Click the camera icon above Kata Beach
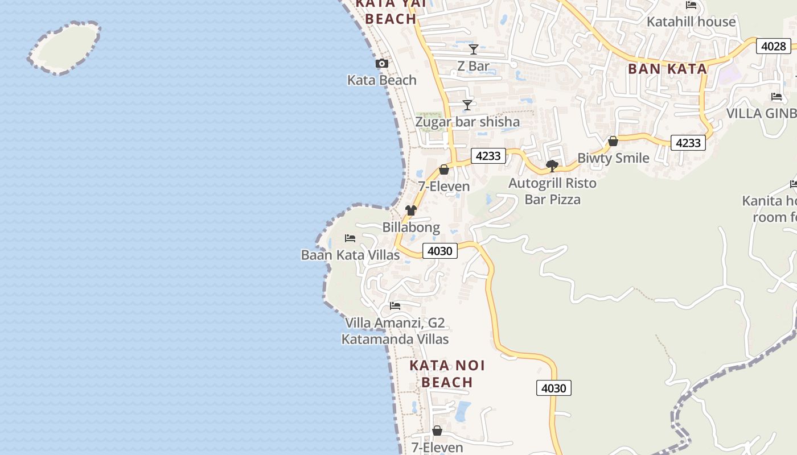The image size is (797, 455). click(x=382, y=64)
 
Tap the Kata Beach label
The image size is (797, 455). click(x=382, y=80)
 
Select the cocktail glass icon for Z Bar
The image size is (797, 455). click(x=474, y=49)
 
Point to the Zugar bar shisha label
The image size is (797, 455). click(x=467, y=122)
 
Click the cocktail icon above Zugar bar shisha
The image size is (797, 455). click(x=467, y=105)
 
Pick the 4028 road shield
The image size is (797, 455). click(x=774, y=46)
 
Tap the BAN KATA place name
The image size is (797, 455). click(x=667, y=69)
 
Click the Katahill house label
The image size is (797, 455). click(x=691, y=22)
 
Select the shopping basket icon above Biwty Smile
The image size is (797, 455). click(x=613, y=141)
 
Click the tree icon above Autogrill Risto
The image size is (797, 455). click(x=552, y=166)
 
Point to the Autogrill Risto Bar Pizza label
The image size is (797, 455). click(x=552, y=191)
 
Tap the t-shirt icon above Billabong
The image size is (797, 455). click(x=411, y=210)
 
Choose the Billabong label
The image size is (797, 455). click(x=411, y=227)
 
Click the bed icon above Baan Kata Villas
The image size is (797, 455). click(x=350, y=238)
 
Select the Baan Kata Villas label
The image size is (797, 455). click(x=350, y=255)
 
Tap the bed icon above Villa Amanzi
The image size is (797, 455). click(x=395, y=306)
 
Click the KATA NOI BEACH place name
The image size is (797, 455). click(x=447, y=374)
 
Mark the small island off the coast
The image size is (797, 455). click(x=64, y=48)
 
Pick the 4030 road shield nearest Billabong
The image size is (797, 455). click(x=440, y=251)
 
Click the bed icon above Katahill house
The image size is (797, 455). click(x=691, y=5)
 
